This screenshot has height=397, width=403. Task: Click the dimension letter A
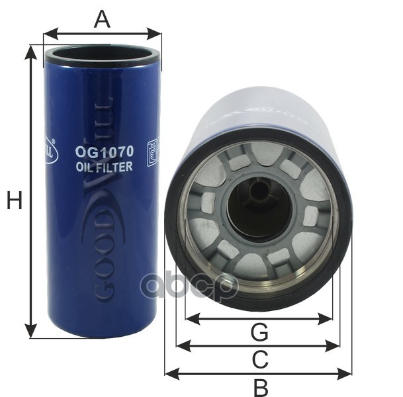[x=101, y=19]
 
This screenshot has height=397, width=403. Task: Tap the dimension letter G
[x=259, y=331]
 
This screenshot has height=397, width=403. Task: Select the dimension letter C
[x=260, y=359]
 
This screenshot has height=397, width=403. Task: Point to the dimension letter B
[x=260, y=386]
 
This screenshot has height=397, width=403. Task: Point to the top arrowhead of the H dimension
[x=30, y=50]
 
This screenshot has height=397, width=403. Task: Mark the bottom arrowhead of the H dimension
[x=30, y=333]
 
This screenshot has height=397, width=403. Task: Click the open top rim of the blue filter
[x=103, y=54]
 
